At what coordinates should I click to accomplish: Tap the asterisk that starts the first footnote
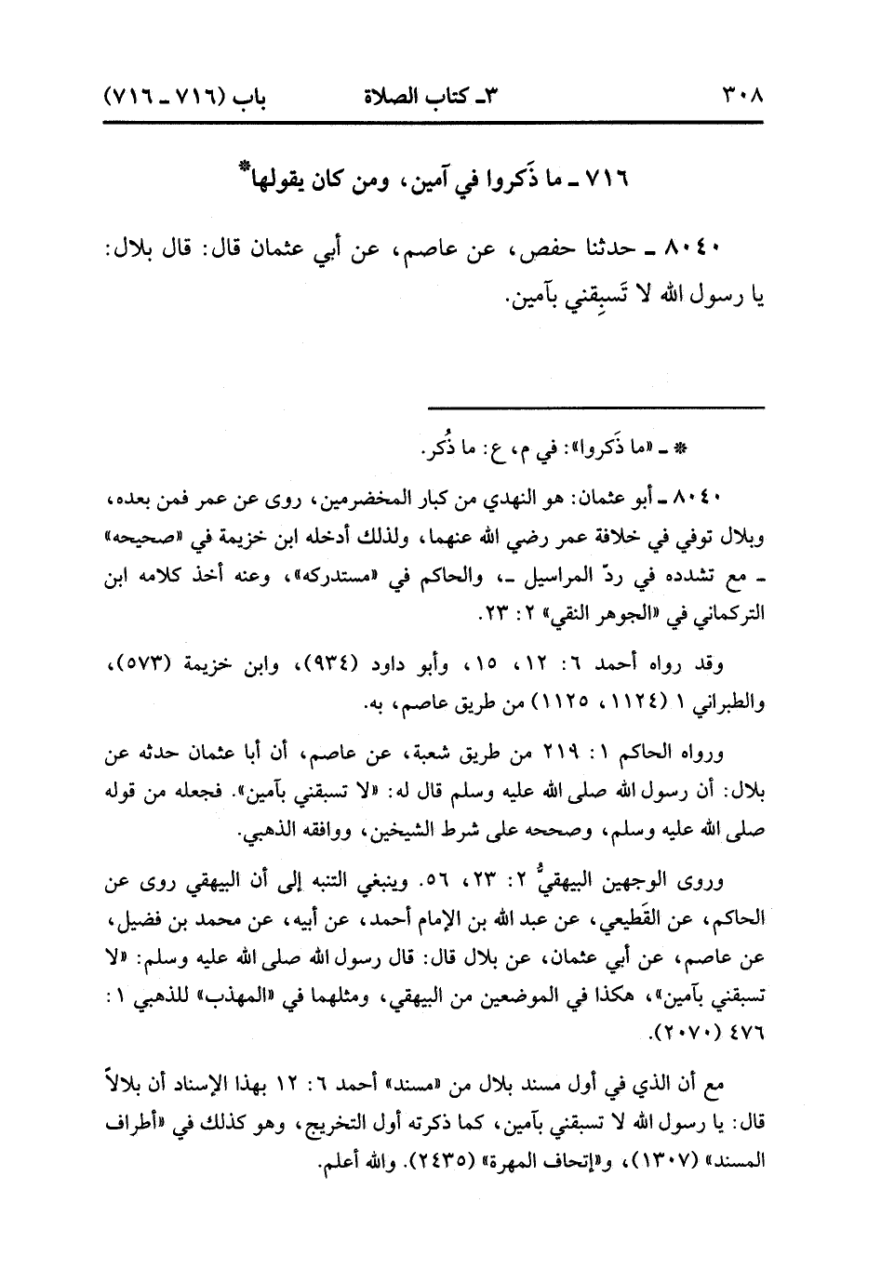[x=679, y=449]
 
